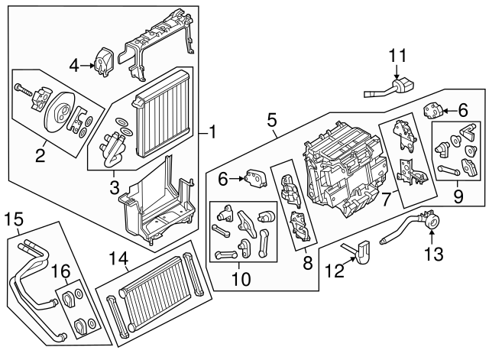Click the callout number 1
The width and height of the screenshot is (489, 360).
pyautogui.click(x=212, y=132)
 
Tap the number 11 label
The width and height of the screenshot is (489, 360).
pyautogui.click(x=397, y=56)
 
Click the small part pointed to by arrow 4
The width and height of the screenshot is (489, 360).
pyautogui.click(x=103, y=59)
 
